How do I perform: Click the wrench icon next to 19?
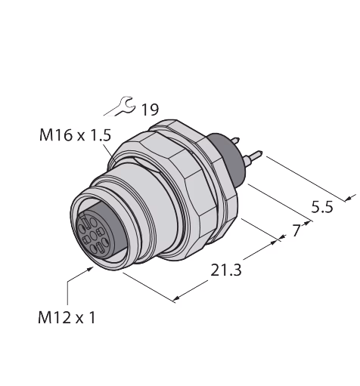tap(119, 106)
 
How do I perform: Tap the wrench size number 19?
tap(151, 110)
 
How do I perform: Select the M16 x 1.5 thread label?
tap(75, 135)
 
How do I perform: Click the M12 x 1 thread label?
tap(67, 317)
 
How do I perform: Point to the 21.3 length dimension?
tap(226, 270)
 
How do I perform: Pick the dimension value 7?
tap(296, 230)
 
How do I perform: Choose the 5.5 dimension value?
tap(322, 207)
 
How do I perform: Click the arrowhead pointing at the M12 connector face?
tap(90, 269)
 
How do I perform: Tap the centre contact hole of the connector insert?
tap(93, 236)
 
